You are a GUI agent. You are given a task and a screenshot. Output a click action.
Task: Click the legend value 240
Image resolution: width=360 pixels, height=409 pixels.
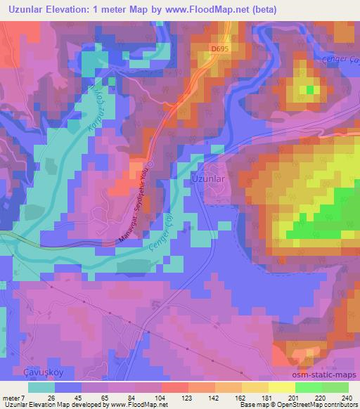[346, 398]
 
